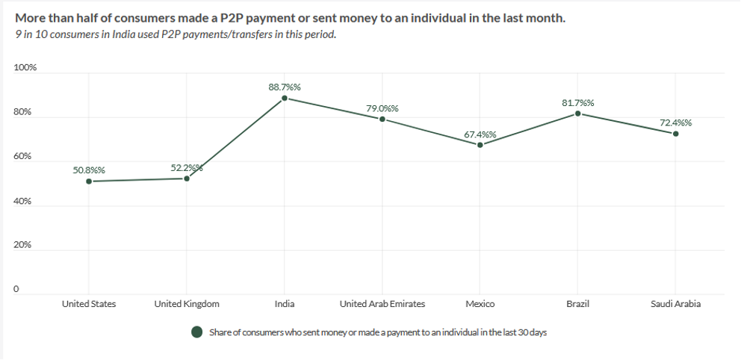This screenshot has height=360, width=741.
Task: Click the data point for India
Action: click(x=285, y=98)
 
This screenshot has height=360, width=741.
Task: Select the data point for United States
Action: click(x=89, y=181)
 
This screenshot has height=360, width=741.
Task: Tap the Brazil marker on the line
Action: click(x=577, y=114)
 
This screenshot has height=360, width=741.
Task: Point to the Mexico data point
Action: click(x=480, y=145)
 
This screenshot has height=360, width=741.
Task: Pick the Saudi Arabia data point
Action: click(x=675, y=134)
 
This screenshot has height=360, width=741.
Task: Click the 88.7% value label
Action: click(x=285, y=87)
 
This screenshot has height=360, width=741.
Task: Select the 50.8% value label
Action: click(x=89, y=170)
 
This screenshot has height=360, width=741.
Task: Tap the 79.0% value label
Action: click(x=382, y=109)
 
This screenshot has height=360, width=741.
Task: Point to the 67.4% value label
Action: click(x=480, y=134)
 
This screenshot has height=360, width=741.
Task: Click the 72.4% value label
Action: click(x=675, y=122)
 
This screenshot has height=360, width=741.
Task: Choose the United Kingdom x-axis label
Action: click(x=187, y=304)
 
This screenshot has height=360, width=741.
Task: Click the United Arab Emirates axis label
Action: click(x=382, y=304)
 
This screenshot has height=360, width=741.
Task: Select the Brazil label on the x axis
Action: click(x=577, y=304)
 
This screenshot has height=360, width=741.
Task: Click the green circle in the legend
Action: click(x=197, y=332)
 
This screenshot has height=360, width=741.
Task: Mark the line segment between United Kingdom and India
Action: click(x=235, y=138)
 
